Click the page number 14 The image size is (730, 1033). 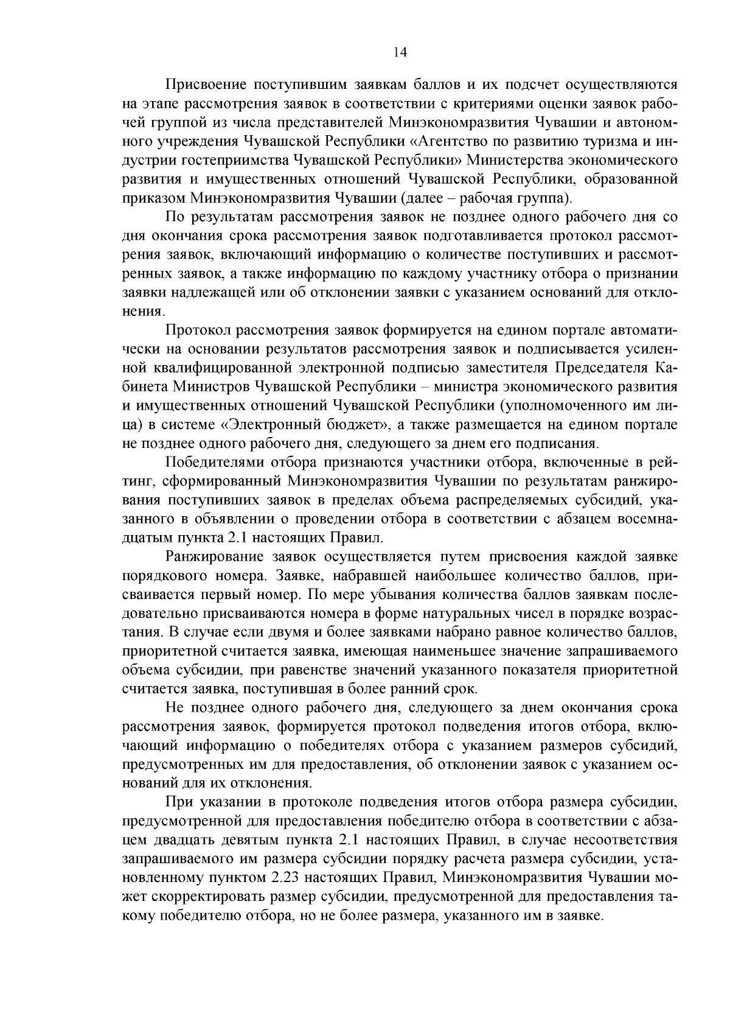400,53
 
